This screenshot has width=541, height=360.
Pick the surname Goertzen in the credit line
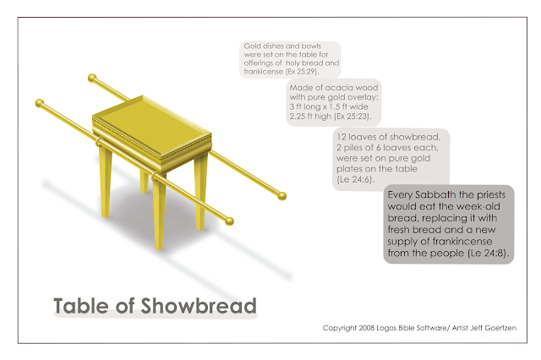click(496, 327)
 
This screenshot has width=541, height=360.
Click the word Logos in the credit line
click(399, 327)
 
